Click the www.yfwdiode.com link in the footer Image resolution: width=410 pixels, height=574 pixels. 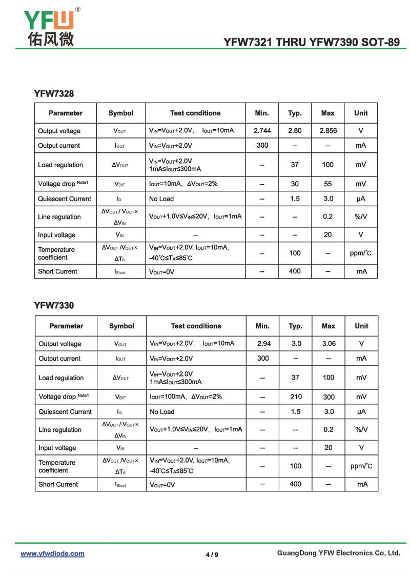(x=52, y=553)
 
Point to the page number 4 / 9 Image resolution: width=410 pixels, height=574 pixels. (x=212, y=554)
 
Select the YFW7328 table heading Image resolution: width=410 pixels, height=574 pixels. (x=54, y=93)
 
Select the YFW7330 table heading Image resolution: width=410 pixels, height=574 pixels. (x=54, y=306)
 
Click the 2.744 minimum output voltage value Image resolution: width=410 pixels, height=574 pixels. (x=262, y=131)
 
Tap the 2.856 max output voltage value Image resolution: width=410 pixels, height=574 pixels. (x=328, y=131)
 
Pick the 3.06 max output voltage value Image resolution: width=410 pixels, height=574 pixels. (x=329, y=344)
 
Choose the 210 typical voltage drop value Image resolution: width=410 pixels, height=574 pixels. (x=296, y=397)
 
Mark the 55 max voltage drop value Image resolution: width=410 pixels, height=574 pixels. (x=328, y=184)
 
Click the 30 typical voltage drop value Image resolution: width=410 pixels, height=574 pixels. (x=295, y=184)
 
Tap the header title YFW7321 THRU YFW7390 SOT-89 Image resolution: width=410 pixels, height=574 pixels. (x=312, y=43)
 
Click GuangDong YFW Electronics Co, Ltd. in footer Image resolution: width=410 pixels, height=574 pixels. (x=338, y=553)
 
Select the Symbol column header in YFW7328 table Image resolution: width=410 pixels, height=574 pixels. (x=121, y=113)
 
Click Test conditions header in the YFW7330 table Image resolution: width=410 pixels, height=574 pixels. (x=196, y=326)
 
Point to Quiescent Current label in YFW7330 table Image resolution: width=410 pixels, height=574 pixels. (x=65, y=411)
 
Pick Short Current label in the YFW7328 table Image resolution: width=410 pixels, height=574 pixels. (x=57, y=271)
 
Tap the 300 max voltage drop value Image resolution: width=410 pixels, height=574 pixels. (x=329, y=397)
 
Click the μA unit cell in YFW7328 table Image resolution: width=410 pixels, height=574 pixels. (x=361, y=199)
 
